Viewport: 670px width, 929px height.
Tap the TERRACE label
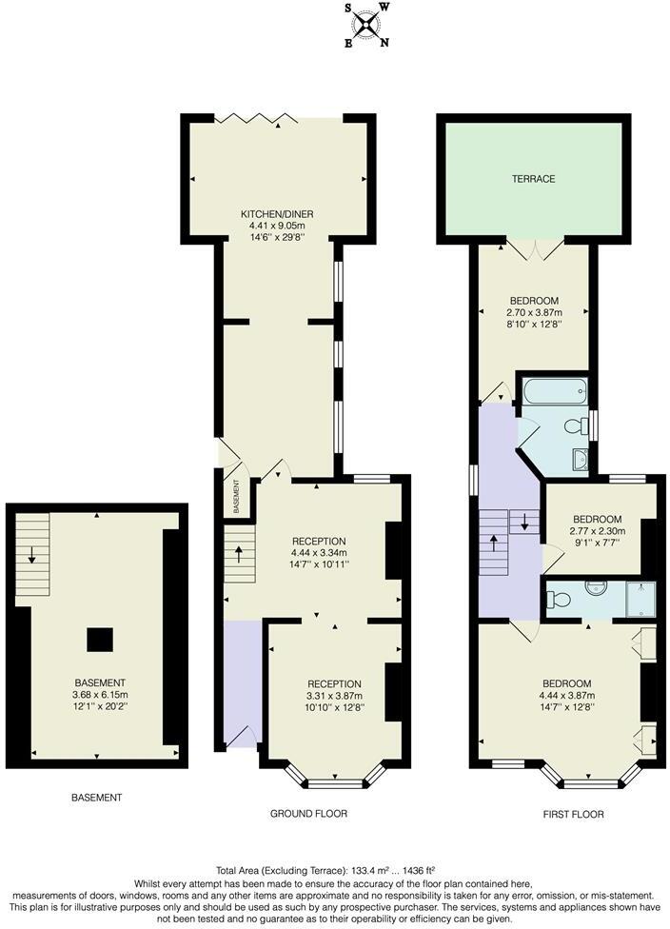pos(533,179)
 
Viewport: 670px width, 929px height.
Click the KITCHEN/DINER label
pos(277,213)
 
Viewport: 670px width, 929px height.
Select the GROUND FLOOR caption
pos(308,814)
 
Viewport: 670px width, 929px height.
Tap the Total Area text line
pos(334,870)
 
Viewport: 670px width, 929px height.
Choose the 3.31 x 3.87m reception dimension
pos(334,696)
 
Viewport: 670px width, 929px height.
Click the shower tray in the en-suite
pos(641,597)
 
